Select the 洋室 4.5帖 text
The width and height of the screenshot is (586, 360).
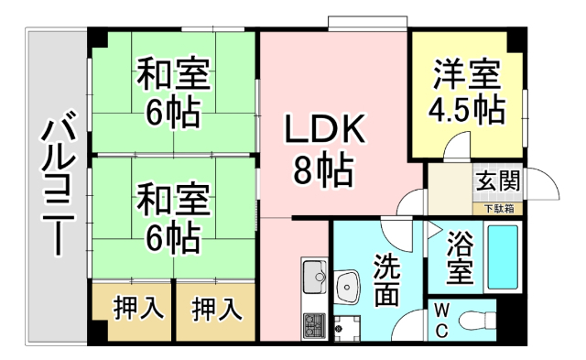[466, 92]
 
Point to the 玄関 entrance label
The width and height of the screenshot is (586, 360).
[496, 180]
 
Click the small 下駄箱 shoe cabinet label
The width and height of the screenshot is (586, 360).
[497, 209]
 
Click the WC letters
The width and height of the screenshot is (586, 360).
[440, 321]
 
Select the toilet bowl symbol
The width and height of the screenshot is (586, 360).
[475, 320]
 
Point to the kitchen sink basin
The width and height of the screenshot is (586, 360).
[315, 274]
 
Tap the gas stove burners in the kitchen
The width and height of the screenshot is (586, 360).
[314, 325]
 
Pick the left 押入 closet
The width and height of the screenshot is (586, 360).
[132, 309]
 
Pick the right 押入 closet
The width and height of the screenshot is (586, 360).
[217, 309]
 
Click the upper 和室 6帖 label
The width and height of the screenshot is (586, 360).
[173, 92]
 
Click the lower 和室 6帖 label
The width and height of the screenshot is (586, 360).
[173, 217]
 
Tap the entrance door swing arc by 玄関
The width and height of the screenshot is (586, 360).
[546, 188]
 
